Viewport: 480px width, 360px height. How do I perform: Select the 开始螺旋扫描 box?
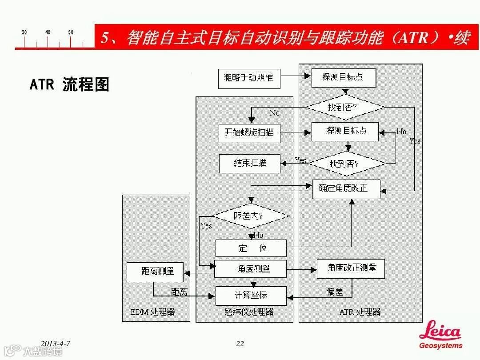pyautogui.click(x=249, y=133)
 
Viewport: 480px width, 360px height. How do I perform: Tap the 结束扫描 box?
pyautogui.click(x=250, y=163)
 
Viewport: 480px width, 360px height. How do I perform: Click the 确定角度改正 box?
pyautogui.click(x=346, y=188)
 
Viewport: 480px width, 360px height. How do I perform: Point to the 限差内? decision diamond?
pyautogui.click(x=251, y=216)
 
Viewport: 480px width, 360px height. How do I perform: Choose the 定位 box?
pyautogui.click(x=251, y=248)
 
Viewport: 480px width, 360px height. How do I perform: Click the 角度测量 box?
pyautogui.click(x=251, y=268)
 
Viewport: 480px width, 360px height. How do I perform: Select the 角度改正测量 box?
pyautogui.click(x=350, y=268)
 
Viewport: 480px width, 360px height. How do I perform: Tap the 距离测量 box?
pyautogui.click(x=155, y=272)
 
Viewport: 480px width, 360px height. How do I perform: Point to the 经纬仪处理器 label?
pyautogui.click(x=249, y=312)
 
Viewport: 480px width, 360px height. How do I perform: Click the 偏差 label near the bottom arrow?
pyautogui.click(x=335, y=292)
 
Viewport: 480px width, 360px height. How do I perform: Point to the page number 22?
pyautogui.click(x=240, y=344)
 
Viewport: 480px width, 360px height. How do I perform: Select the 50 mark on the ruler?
pyautogui.click(x=71, y=32)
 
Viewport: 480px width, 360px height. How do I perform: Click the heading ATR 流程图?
pyautogui.click(x=69, y=84)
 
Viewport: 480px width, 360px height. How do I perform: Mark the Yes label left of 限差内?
pyautogui.click(x=206, y=226)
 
